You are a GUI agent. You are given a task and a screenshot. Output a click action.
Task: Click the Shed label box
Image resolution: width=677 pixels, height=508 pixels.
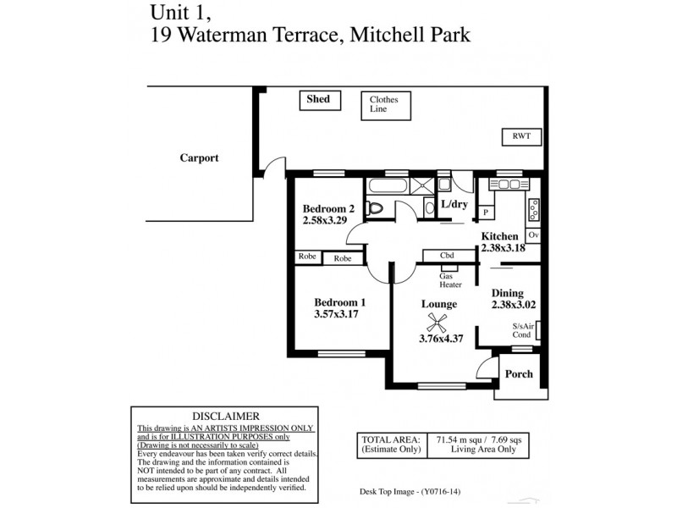click(x=318, y=100)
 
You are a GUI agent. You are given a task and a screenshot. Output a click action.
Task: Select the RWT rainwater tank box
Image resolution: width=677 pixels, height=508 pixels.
click(x=521, y=136)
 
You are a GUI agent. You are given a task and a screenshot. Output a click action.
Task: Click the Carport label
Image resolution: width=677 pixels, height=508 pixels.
click(x=199, y=157)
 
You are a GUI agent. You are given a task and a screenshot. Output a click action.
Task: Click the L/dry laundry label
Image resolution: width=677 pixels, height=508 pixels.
click(x=454, y=206)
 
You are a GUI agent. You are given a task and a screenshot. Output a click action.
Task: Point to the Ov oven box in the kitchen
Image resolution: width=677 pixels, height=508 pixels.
click(x=534, y=235)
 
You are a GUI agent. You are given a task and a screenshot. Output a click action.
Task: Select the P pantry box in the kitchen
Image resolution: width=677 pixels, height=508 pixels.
click(x=487, y=213)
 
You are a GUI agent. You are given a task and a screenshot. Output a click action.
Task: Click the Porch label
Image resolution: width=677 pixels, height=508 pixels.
click(x=518, y=374)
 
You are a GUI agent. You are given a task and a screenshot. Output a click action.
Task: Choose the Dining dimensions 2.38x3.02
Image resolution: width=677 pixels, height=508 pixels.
click(x=515, y=302)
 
